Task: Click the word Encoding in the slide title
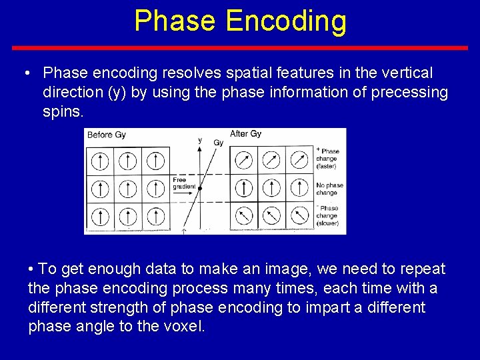pos(286,21)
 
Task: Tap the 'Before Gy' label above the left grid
pos(107,135)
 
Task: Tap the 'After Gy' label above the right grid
pos(245,134)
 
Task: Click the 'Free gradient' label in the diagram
pos(184,183)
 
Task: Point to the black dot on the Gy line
pos(200,189)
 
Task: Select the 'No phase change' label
pos(330,189)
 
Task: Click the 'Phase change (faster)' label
pos(327,158)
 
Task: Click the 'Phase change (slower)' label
pos(327,215)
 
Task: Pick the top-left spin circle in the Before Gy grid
pos(99,161)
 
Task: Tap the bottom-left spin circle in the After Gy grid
pos(243,216)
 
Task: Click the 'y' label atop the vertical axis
pos(199,140)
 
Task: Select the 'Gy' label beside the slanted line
pos(217,142)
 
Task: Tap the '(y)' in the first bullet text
pos(117,92)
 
